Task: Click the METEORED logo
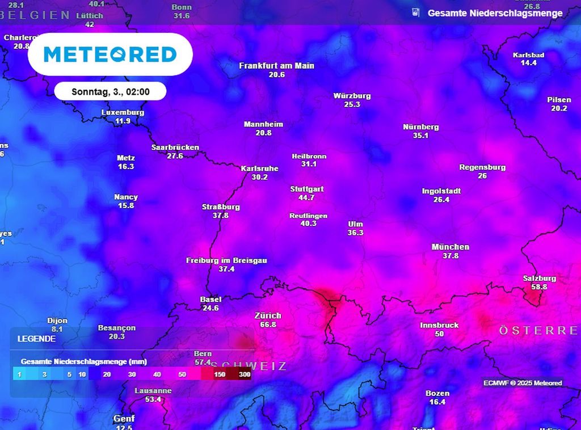tap(110, 54)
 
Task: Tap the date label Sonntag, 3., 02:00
tap(111, 91)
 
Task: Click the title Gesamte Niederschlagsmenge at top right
tap(495, 13)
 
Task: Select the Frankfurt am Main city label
tap(276, 66)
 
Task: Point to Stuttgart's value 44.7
tap(306, 197)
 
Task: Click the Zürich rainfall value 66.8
tap(268, 324)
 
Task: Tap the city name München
tap(450, 247)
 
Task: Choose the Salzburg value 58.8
tap(539, 287)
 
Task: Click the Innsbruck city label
tap(439, 325)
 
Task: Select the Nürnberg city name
tap(420, 127)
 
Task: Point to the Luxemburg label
tap(123, 112)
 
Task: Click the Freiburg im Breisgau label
tap(226, 260)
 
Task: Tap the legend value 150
tap(220, 374)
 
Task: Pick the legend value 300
tap(245, 374)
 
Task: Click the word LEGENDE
tap(36, 339)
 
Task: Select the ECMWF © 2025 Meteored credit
tap(523, 383)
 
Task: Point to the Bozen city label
tap(437, 393)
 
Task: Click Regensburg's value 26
tap(482, 176)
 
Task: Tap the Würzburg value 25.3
tap(352, 104)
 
